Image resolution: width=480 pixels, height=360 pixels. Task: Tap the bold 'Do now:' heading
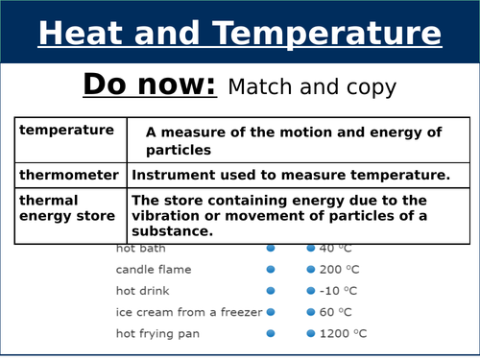[150, 84]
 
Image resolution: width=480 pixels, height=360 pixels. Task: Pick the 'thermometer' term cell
[70, 175]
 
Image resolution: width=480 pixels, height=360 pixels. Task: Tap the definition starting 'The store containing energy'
[298, 215]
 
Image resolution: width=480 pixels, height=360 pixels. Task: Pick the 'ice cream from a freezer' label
[188, 312]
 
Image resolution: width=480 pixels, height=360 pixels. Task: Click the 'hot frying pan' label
[155, 333]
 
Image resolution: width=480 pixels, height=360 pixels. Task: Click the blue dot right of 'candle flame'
[271, 270]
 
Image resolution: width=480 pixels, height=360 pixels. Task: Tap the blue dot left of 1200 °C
[310, 333]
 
